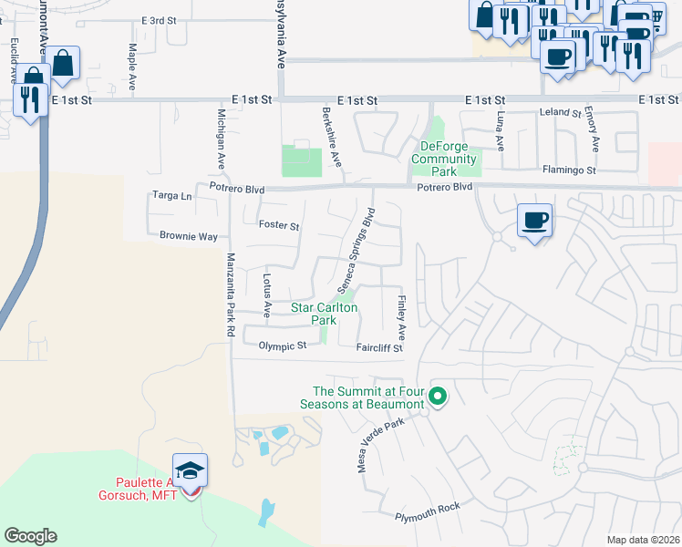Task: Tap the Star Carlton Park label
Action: (x=324, y=315)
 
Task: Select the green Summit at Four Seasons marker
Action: (x=438, y=396)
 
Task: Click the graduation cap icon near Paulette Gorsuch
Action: (x=190, y=470)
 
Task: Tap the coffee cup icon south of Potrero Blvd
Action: (x=535, y=220)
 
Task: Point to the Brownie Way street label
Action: (x=189, y=236)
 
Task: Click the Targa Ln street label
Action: (x=172, y=196)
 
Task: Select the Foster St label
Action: (x=279, y=225)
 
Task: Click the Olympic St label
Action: (x=282, y=346)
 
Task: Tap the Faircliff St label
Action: (x=379, y=347)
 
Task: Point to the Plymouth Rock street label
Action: (x=428, y=512)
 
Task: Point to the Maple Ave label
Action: (x=132, y=66)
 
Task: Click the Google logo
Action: (x=30, y=536)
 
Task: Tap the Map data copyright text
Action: (x=642, y=540)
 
